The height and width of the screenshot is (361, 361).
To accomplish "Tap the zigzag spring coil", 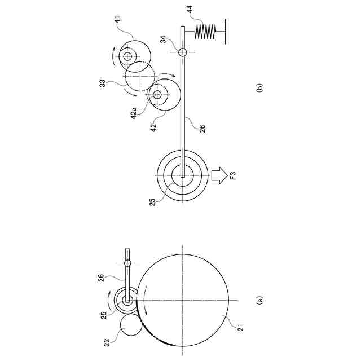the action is coord(205,32).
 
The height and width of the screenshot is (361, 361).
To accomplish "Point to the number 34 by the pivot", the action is coord(163,39).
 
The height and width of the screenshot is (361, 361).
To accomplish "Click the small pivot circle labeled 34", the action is coord(183,52).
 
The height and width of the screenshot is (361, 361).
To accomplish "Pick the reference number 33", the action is coord(102,83).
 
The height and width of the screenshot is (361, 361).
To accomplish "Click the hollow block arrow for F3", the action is coord(219,175).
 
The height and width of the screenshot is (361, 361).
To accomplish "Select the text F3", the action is coord(233,175).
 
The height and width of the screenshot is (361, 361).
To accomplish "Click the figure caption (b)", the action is coord(259,89).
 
